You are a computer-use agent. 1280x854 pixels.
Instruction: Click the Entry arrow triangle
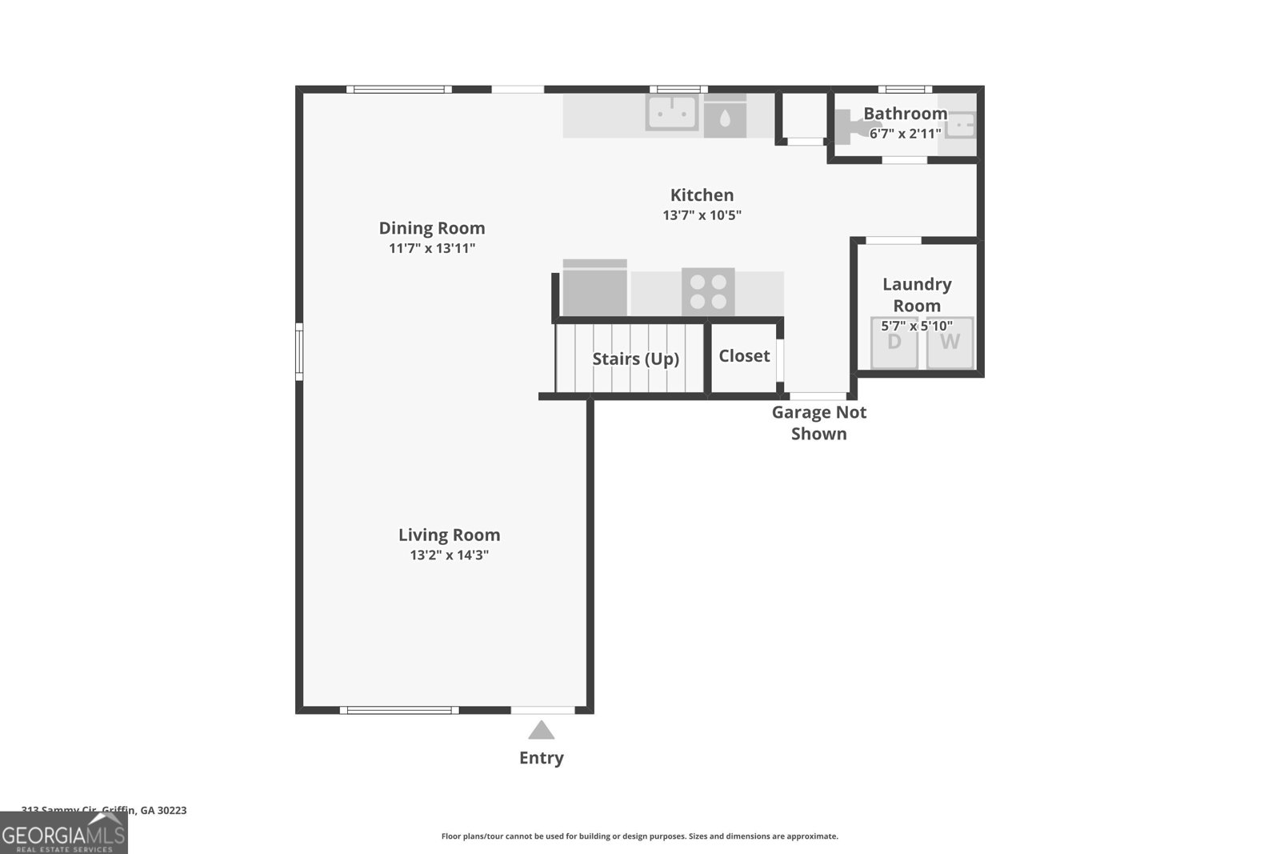(x=542, y=731)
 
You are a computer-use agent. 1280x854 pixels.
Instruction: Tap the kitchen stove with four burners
(x=708, y=291)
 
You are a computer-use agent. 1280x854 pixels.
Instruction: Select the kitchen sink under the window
(x=672, y=113)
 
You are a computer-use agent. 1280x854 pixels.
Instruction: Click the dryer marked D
(x=894, y=343)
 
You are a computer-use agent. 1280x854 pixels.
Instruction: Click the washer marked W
(x=950, y=343)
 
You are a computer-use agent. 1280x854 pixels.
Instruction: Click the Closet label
(x=744, y=356)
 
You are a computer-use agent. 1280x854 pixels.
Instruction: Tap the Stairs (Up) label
(x=635, y=359)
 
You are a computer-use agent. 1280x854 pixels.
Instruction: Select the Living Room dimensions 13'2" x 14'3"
(x=449, y=555)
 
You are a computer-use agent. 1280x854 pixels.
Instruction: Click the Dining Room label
(x=432, y=228)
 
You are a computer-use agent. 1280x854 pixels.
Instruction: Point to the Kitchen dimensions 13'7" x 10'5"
(x=702, y=215)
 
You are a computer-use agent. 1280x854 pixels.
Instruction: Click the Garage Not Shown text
(x=818, y=423)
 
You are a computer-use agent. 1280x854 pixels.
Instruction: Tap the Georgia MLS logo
(x=64, y=833)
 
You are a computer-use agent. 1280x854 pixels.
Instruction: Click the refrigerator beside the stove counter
(x=594, y=288)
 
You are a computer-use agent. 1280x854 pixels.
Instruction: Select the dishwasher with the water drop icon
(x=725, y=118)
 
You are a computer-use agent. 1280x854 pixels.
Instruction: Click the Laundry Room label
(x=917, y=295)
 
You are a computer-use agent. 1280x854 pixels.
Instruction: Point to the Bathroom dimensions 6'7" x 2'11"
(x=905, y=134)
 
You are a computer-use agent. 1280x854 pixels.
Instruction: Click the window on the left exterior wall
(x=299, y=351)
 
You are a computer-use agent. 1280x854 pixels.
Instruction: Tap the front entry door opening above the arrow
(x=542, y=710)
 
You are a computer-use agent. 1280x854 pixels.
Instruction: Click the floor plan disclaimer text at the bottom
(x=639, y=836)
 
